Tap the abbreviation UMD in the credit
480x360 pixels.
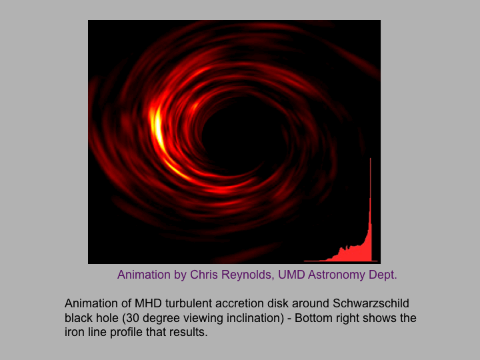[291, 275]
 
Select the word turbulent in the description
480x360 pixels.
[189, 303]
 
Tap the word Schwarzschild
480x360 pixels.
[371, 303]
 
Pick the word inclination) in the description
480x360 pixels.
[255, 318]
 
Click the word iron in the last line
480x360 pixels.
[74, 332]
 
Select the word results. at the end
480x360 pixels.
[188, 332]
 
